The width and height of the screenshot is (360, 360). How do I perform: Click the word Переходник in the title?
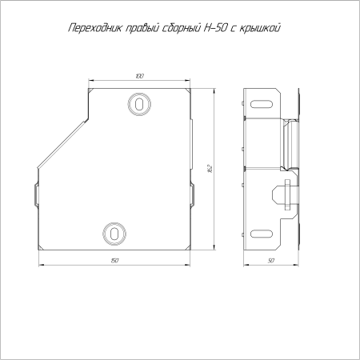[95, 28]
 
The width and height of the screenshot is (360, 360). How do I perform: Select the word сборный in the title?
[182, 28]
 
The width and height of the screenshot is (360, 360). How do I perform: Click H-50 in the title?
[215, 28]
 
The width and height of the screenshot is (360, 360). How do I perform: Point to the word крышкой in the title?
[260, 28]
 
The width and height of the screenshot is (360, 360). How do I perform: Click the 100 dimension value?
[139, 76]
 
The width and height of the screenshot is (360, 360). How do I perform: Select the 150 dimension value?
[114, 260]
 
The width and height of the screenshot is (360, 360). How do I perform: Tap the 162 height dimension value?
[210, 169]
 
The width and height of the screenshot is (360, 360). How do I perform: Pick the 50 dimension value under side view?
[271, 260]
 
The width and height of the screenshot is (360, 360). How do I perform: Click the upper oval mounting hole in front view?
[139, 104]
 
